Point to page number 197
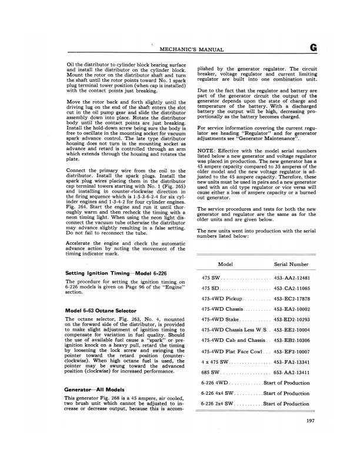[312, 436]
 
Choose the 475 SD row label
[210, 289]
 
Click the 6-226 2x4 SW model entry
[218, 404]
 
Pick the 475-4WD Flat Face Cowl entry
[230, 351]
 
